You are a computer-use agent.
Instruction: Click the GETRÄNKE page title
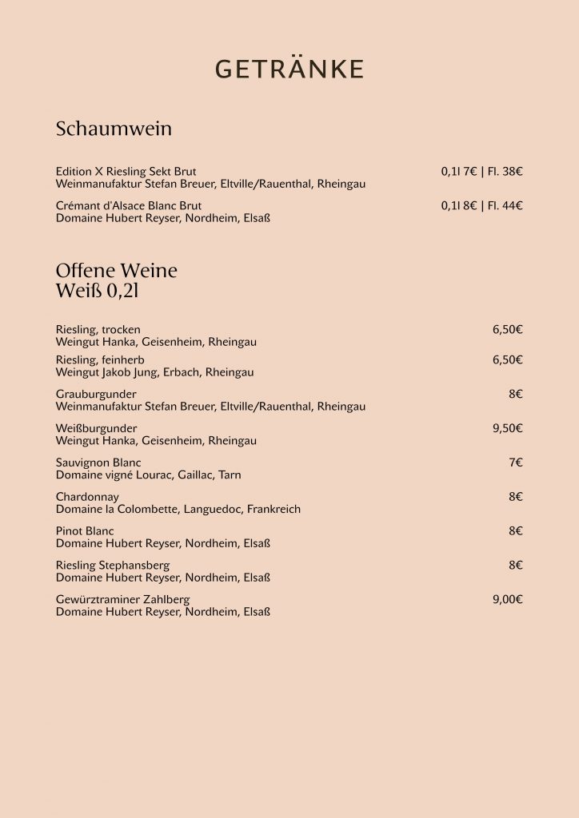tap(289, 70)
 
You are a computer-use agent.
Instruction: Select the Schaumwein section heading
tap(114, 129)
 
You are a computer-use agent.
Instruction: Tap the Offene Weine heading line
tap(117, 271)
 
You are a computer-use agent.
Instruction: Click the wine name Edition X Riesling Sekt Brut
tap(126, 172)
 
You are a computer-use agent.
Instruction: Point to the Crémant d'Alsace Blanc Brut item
tap(129, 206)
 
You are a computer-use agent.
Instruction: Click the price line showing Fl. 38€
tap(481, 172)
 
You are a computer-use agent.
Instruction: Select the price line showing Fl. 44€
tap(481, 206)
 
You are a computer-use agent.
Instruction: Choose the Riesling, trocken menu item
tap(98, 330)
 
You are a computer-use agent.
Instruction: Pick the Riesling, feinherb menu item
tap(100, 360)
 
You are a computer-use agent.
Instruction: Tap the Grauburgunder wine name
tap(96, 395)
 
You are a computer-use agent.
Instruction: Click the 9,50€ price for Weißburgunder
tap(507, 429)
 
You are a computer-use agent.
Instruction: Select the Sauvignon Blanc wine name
tap(98, 463)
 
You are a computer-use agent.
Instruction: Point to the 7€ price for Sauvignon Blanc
tap(515, 463)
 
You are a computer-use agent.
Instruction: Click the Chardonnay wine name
tap(87, 497)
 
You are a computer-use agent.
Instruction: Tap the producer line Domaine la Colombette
tap(178, 509)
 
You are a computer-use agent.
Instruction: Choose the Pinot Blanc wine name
tap(85, 531)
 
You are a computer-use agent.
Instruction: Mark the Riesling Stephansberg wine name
tap(113, 566)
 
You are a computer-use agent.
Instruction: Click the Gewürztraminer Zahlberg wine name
tap(122, 600)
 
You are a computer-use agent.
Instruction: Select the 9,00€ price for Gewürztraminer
tap(507, 600)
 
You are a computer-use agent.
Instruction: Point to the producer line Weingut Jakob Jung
tap(154, 372)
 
